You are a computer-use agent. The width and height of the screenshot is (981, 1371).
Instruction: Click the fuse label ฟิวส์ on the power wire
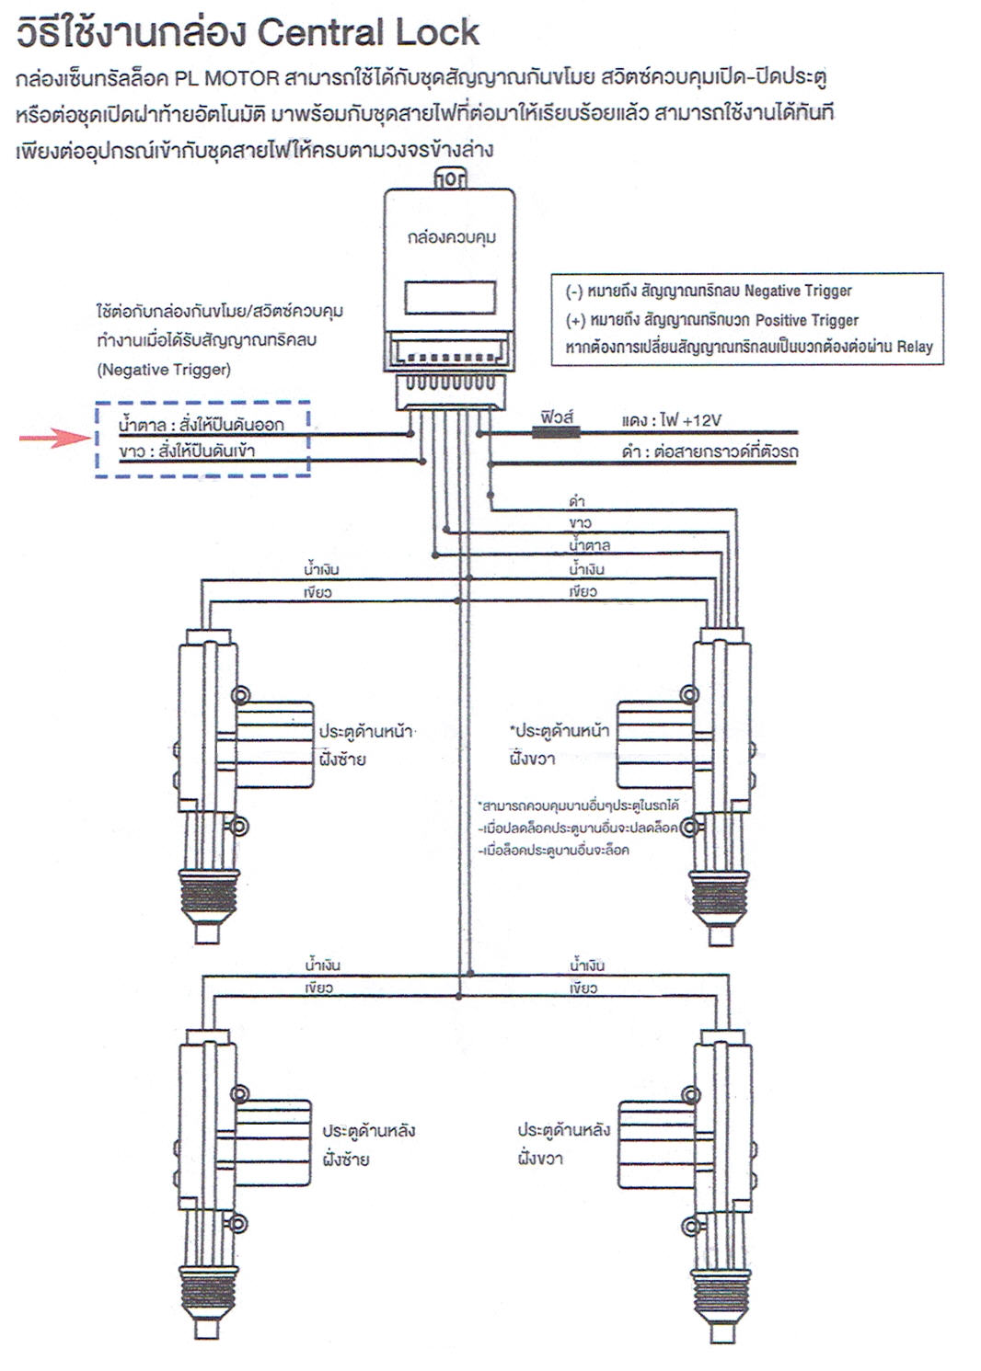(x=558, y=417)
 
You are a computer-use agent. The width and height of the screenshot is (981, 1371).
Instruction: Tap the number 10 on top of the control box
(x=450, y=178)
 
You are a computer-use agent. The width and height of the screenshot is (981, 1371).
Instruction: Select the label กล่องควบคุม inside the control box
(x=452, y=237)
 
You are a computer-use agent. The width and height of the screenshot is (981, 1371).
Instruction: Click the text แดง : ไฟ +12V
(x=672, y=420)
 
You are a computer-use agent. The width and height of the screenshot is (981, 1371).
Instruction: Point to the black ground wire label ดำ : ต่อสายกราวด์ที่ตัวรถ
(x=710, y=451)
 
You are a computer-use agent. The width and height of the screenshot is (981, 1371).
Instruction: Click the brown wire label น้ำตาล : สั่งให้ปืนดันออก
(x=202, y=425)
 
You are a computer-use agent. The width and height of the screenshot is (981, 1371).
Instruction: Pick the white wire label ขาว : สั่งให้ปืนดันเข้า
(x=187, y=451)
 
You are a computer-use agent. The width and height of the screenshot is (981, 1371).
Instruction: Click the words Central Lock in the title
(x=368, y=33)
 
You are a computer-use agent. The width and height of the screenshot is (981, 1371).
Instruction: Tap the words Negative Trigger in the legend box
(x=798, y=291)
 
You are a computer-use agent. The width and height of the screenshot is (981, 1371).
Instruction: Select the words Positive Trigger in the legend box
(x=806, y=320)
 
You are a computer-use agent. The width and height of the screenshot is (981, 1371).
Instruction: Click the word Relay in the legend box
(x=915, y=348)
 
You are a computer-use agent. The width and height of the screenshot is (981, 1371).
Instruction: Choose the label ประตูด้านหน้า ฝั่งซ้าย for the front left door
(x=365, y=745)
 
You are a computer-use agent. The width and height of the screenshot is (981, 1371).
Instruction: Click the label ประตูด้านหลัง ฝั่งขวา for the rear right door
(x=562, y=1143)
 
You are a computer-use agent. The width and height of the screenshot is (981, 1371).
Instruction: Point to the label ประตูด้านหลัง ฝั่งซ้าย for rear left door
(x=368, y=1144)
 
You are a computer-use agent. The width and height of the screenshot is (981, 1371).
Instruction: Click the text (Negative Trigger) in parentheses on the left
(x=164, y=370)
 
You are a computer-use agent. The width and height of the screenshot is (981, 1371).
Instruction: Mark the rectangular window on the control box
(x=451, y=297)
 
